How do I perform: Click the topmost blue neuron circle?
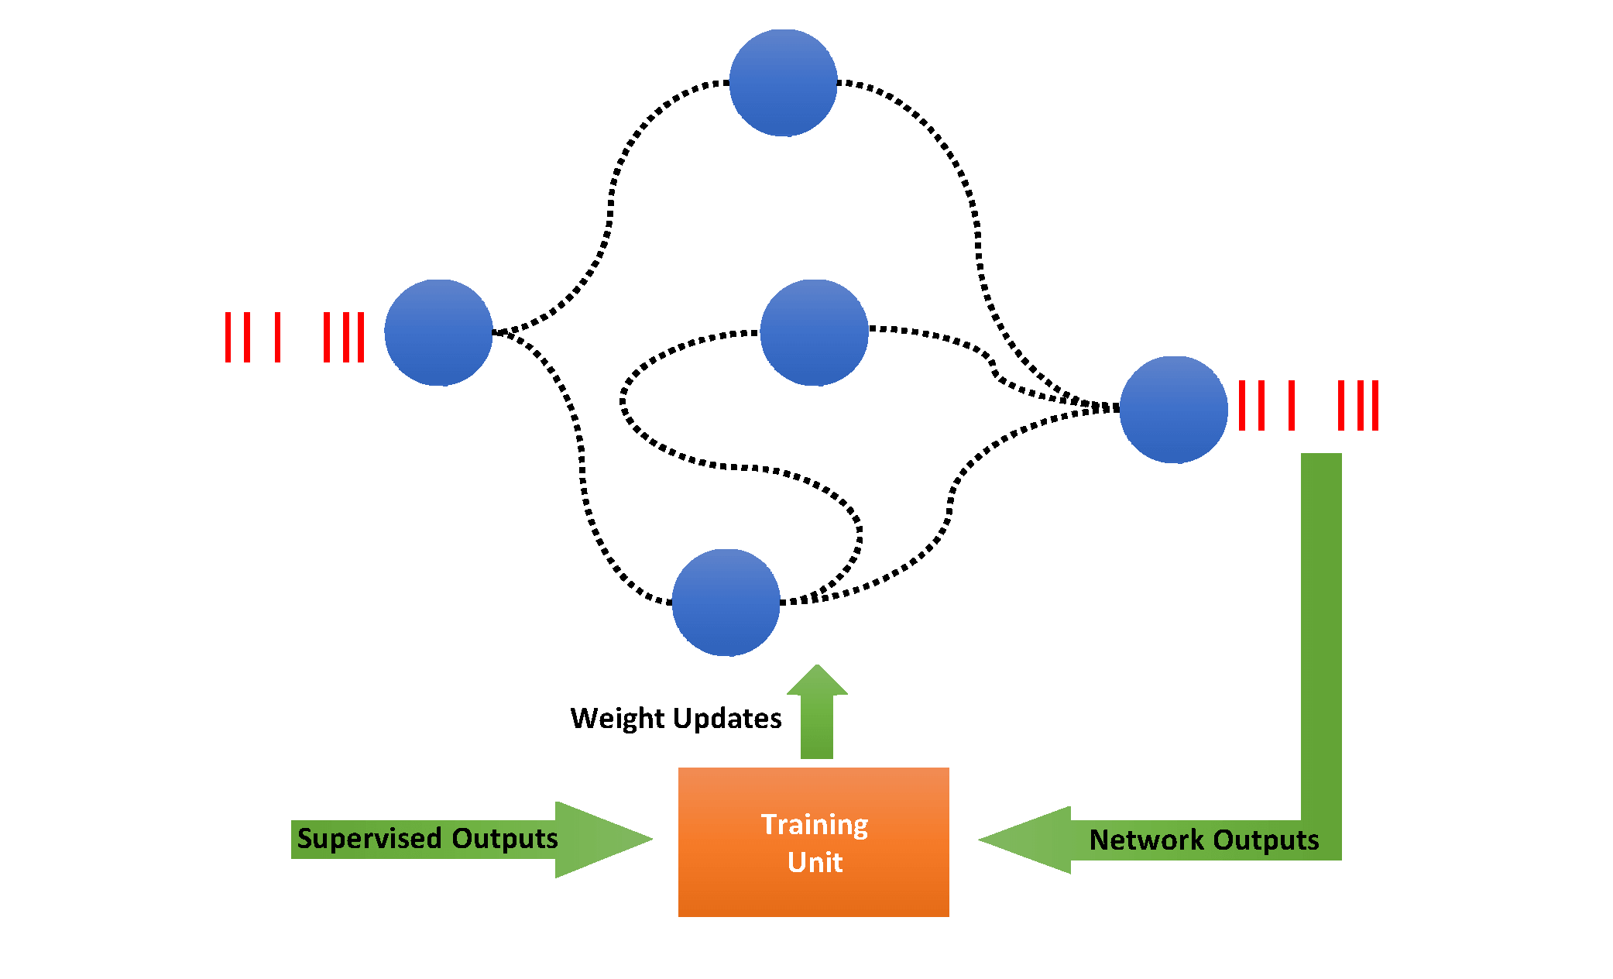(783, 83)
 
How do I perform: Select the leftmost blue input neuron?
(438, 332)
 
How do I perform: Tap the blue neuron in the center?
(814, 332)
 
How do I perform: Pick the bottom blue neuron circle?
(726, 603)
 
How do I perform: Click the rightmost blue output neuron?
(1173, 410)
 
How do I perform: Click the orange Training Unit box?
(813, 891)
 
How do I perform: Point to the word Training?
(815, 825)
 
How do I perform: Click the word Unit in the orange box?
(815, 862)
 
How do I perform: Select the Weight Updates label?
(675, 718)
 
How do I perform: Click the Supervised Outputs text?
(427, 839)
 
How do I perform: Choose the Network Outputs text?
(1203, 840)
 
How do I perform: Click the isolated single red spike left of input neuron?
(277, 337)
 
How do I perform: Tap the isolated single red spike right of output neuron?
(1292, 405)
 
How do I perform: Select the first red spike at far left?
(228, 337)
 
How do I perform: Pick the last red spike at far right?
(1376, 405)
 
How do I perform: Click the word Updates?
(737, 718)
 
